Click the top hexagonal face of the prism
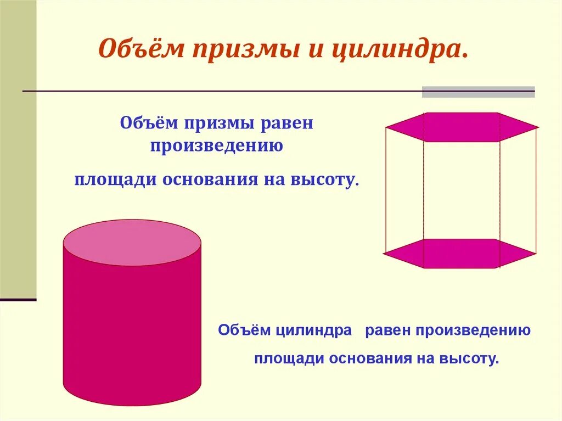coord(461,127)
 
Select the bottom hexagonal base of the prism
coord(459,254)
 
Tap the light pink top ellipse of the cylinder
coord(132,243)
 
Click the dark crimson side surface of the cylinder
coord(132,329)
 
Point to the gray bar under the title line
coord(478,92)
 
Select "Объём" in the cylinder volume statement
coord(243,330)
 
